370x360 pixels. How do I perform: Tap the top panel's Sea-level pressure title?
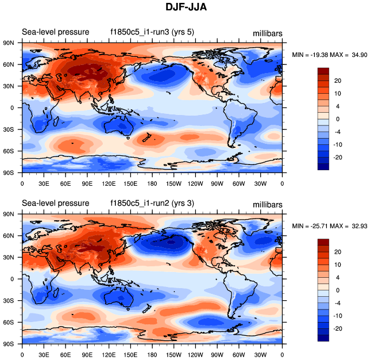[x=55, y=32]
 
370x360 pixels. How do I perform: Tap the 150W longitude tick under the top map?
[x=174, y=183]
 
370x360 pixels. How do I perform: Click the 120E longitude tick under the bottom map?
[x=109, y=355]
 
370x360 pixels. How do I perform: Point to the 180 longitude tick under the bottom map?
[x=152, y=355]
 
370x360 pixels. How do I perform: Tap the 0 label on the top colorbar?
[x=338, y=118]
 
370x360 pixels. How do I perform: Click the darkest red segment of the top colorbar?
[x=323, y=71]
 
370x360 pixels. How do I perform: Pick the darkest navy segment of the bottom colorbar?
[x=323, y=338]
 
